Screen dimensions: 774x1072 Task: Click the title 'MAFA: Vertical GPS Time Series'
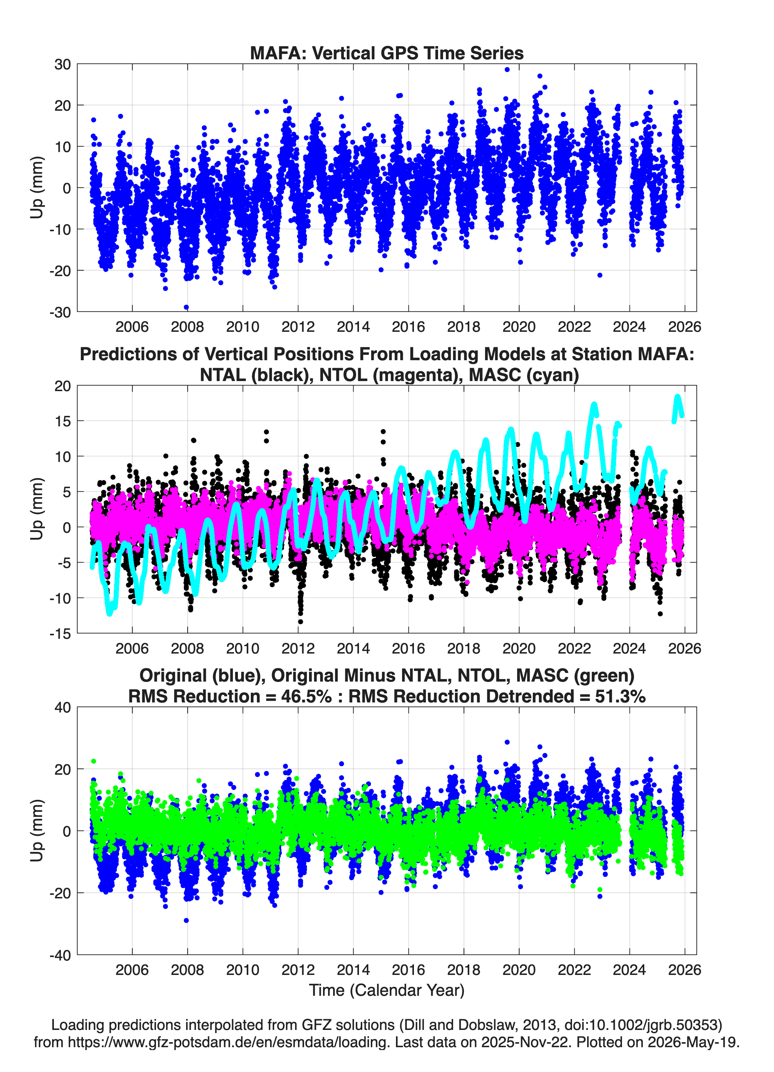click(x=387, y=53)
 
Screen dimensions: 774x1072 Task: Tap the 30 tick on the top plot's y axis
click(x=63, y=64)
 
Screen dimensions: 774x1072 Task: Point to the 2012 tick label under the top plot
click(x=298, y=327)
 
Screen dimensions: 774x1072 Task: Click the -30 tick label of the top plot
click(x=60, y=312)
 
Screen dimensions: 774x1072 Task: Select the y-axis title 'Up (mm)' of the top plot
click(x=37, y=188)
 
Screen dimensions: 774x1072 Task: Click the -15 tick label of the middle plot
click(x=60, y=634)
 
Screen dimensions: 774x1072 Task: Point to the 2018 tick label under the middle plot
click(x=464, y=648)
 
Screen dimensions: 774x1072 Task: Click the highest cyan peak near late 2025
click(x=678, y=397)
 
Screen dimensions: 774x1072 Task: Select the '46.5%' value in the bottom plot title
click(x=306, y=696)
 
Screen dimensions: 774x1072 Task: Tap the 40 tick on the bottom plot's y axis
click(x=63, y=707)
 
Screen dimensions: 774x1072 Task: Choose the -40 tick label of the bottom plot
click(x=60, y=955)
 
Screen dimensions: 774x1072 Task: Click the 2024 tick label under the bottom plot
click(x=630, y=970)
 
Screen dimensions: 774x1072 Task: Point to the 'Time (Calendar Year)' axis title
click(x=387, y=990)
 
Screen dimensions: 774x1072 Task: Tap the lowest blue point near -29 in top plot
click(x=186, y=307)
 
